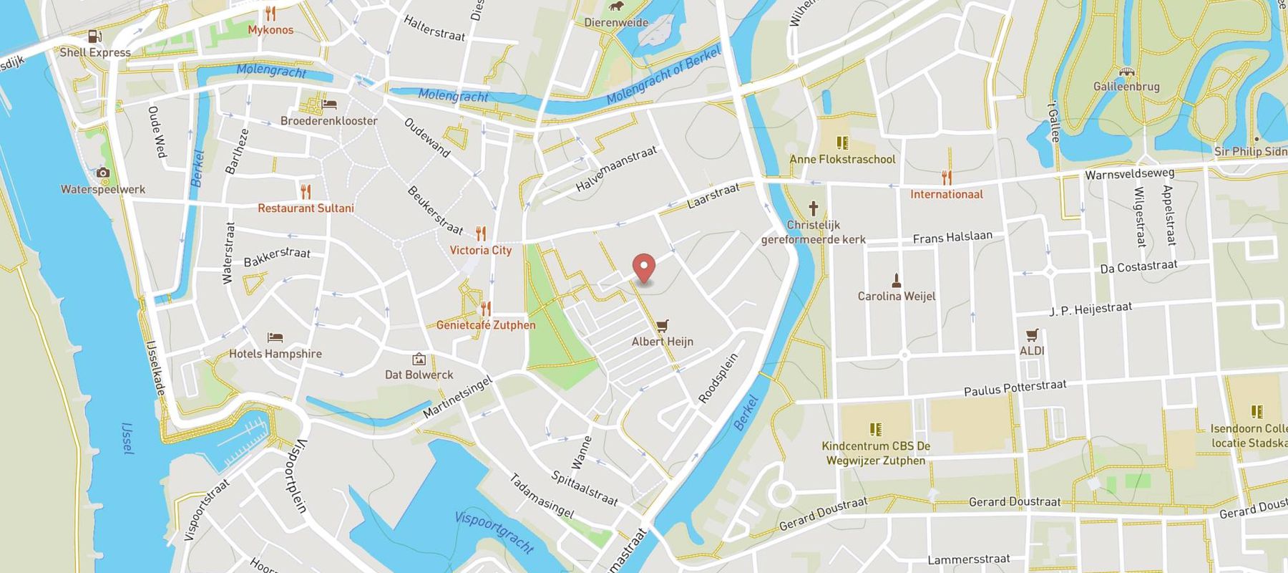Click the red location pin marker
click(645, 268)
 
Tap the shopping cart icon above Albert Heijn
click(662, 326)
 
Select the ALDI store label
click(1032, 350)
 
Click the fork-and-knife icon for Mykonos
click(270, 14)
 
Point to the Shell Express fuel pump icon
click(94, 37)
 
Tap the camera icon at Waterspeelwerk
click(103, 173)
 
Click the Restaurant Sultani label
click(306, 208)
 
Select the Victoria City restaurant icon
click(481, 233)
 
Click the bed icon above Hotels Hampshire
click(275, 337)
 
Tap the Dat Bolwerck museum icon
click(419, 359)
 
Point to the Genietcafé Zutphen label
click(486, 325)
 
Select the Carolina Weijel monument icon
click(896, 280)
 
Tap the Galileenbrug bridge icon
click(1127, 72)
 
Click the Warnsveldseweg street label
click(1129, 173)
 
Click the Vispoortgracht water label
click(494, 532)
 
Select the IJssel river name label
click(127, 438)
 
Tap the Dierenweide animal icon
click(615, 7)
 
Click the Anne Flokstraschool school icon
click(842, 143)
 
